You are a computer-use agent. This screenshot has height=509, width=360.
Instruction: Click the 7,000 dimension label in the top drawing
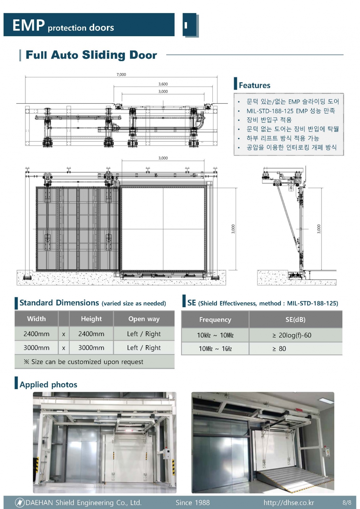coord(121,75)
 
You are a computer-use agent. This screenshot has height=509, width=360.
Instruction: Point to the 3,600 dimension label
coord(163,84)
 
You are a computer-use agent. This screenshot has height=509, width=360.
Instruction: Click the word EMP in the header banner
coord(28,25)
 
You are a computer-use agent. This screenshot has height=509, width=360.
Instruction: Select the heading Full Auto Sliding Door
coord(91,55)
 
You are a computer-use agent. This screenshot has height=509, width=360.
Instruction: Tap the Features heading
coord(255,85)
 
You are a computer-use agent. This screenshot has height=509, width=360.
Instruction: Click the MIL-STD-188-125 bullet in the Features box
coord(290,111)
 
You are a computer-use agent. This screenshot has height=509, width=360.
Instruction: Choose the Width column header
coord(36,319)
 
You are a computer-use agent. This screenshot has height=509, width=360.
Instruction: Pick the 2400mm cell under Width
coord(36,334)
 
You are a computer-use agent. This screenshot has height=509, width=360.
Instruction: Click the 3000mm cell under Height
coord(91,348)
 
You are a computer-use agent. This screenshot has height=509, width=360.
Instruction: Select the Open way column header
coord(144,319)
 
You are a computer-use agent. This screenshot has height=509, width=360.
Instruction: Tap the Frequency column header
coord(215,320)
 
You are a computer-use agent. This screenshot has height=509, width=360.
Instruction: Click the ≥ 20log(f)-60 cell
coord(292,335)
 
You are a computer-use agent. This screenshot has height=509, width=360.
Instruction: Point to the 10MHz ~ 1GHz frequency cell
coord(215,349)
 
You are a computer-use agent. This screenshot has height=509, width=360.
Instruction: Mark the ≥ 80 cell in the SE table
coord(279,349)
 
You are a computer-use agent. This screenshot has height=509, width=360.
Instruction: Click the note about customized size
coord(84,362)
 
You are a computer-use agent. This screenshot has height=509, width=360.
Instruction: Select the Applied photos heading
coord(49,385)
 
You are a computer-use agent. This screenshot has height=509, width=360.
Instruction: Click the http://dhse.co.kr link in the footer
coord(289,503)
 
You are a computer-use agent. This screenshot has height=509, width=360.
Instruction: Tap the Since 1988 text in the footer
coord(193,503)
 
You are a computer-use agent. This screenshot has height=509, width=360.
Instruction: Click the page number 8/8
coord(347,503)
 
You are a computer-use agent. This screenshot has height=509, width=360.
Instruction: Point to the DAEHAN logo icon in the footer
coord(20,503)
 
